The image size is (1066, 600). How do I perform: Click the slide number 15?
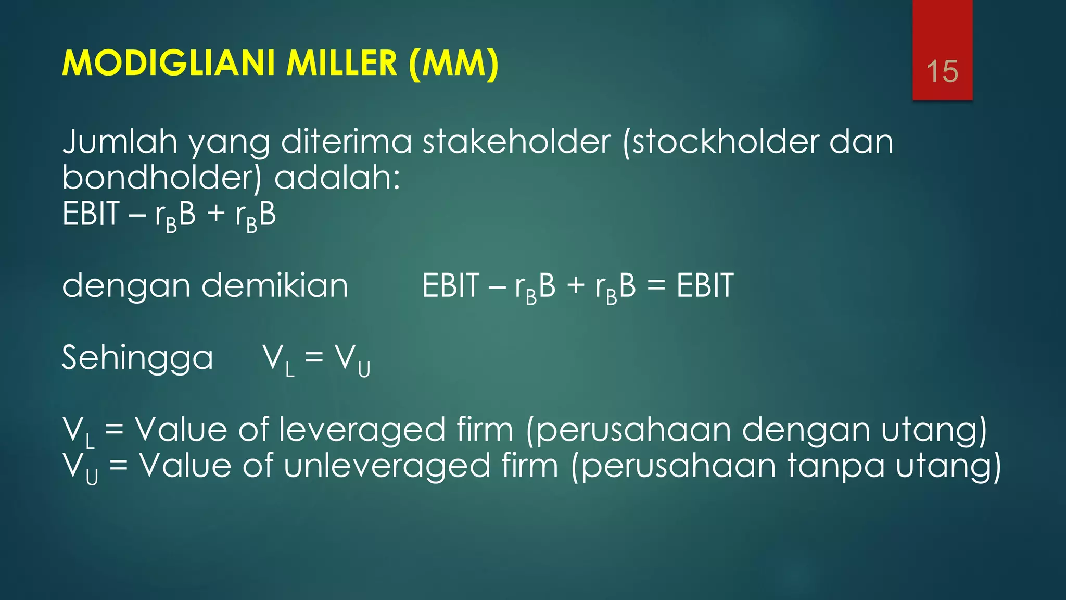(x=942, y=71)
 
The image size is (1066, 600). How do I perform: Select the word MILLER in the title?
(x=342, y=64)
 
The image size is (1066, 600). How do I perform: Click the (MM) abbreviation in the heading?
(x=453, y=64)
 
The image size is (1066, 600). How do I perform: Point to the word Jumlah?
(x=119, y=142)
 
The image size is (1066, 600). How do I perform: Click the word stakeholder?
(x=516, y=142)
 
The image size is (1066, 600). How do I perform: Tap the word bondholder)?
(x=161, y=178)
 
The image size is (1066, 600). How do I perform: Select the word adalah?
(x=337, y=178)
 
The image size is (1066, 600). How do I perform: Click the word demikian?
(x=274, y=286)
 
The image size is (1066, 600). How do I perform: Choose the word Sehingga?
(x=137, y=358)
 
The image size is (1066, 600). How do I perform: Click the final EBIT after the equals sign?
(x=705, y=286)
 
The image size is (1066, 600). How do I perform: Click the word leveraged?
(x=362, y=430)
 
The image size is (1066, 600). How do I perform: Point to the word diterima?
(x=346, y=142)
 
